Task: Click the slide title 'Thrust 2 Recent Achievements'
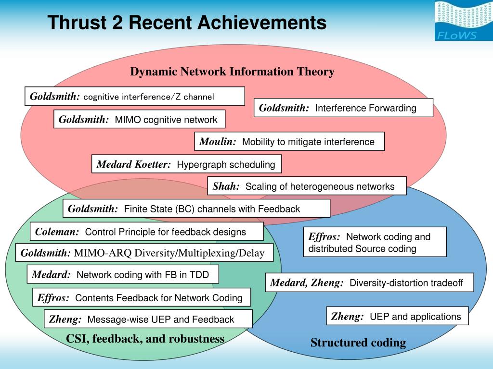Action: click(187, 23)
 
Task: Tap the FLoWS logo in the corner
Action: click(463, 21)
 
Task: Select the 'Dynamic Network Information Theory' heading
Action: click(232, 72)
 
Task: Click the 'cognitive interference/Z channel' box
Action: click(135, 96)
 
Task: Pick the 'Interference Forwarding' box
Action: click(343, 108)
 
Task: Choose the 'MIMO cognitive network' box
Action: click(139, 119)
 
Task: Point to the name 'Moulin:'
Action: click(218, 141)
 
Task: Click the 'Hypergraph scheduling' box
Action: click(186, 164)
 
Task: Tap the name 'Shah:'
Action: click(226, 186)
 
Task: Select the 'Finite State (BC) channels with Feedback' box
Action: click(196, 209)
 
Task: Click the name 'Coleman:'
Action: click(57, 232)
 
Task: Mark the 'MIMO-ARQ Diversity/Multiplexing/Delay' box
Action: click(144, 253)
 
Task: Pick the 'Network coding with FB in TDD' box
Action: click(123, 274)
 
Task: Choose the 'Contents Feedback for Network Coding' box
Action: click(142, 297)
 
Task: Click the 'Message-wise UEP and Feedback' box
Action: click(148, 319)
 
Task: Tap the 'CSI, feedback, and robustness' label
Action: click(145, 339)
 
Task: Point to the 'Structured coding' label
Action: click(358, 343)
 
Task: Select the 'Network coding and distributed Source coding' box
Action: click(375, 242)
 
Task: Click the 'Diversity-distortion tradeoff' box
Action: click(369, 283)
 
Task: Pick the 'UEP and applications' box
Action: click(397, 316)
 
